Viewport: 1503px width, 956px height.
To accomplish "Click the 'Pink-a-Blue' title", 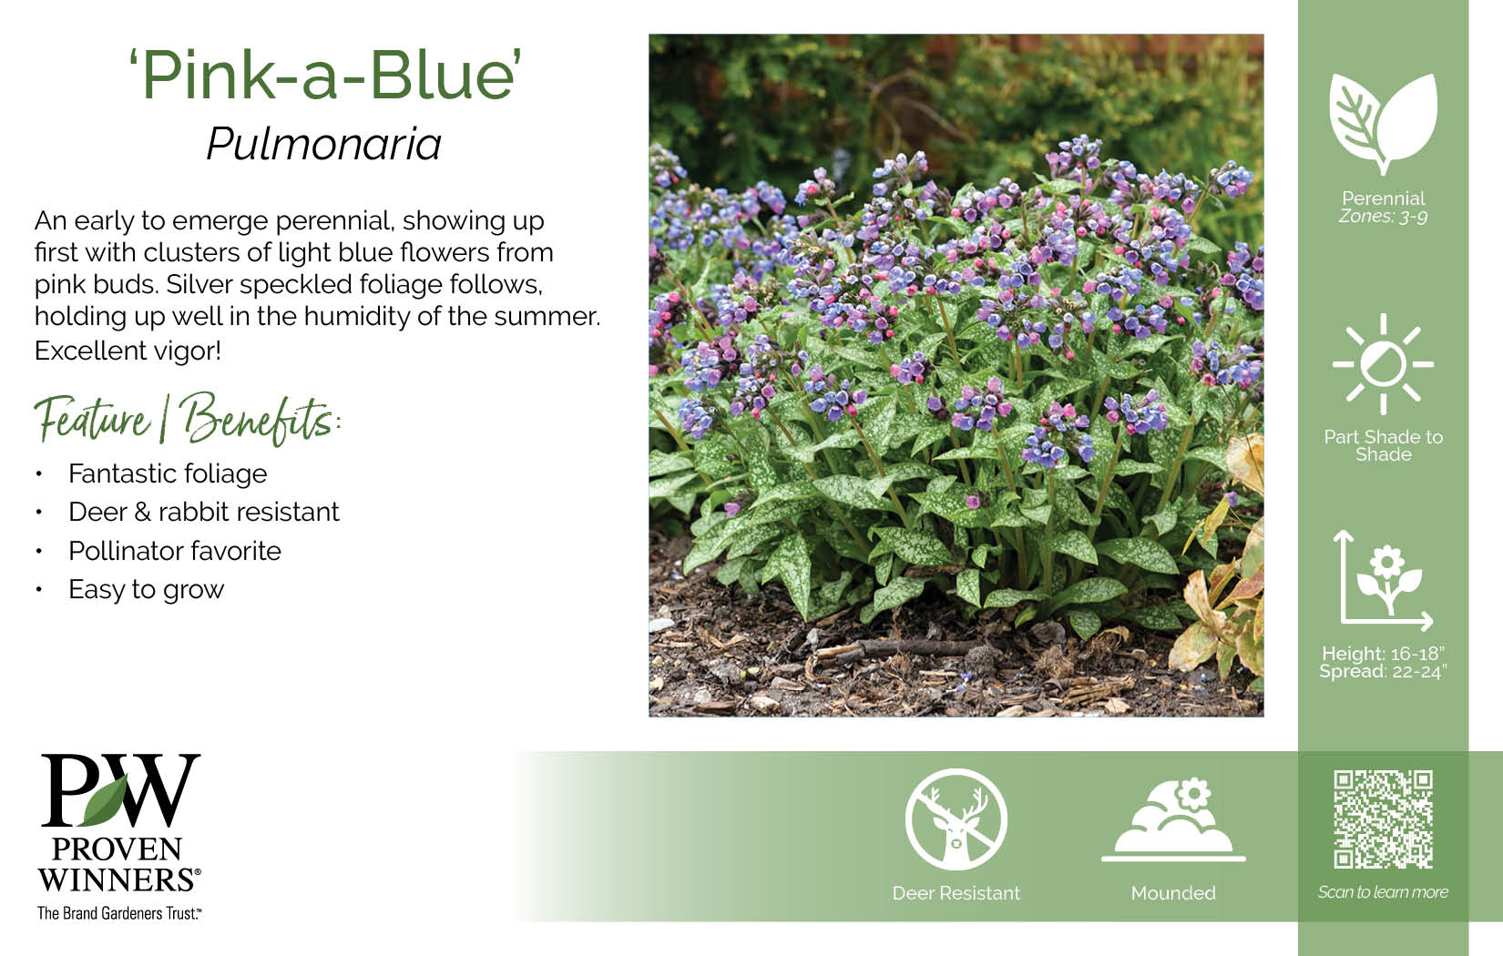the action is tap(325, 75).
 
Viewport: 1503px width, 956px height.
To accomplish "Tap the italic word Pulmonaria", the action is tap(324, 144).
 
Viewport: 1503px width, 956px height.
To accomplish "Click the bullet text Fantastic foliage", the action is tap(168, 473).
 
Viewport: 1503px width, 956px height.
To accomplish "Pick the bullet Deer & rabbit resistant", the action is tap(204, 512).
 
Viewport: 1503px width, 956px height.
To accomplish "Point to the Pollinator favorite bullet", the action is tap(175, 551).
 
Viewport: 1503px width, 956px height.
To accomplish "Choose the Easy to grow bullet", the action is tap(147, 590).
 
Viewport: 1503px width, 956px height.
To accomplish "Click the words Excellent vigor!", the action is tap(128, 351).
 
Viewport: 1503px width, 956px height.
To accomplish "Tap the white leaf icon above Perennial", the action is tap(1383, 124).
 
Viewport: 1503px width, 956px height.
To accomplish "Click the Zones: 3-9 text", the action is tap(1383, 217).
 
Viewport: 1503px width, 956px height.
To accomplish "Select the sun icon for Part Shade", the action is tap(1383, 364).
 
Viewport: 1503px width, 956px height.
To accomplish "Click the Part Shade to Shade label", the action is tap(1383, 445).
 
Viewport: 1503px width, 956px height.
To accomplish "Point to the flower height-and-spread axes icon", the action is tap(1383, 580).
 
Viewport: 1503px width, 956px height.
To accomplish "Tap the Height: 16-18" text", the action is tap(1383, 654).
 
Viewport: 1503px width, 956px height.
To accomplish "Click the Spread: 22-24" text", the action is tap(1383, 672).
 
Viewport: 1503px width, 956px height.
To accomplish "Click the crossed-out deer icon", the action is tap(956, 819).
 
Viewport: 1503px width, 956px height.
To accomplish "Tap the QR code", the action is tap(1383, 819).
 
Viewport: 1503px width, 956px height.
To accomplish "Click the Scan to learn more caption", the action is tap(1383, 892).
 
